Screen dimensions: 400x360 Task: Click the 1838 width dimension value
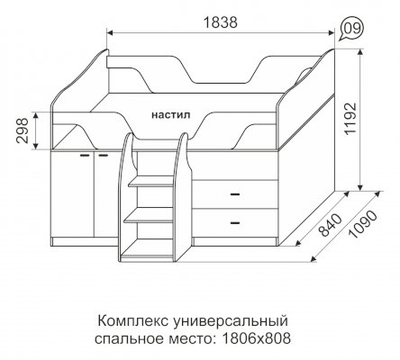221,22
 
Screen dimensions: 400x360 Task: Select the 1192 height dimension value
350,119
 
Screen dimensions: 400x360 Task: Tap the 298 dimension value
22,130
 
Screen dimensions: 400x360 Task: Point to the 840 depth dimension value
330,225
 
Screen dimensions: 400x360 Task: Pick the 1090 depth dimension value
363,224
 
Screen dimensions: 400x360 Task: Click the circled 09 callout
352,29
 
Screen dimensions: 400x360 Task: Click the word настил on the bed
171,115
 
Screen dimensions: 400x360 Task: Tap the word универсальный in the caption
230,322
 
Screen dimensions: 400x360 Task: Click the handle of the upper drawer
235,194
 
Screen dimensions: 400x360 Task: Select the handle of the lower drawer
235,223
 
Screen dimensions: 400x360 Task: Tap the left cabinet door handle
85,156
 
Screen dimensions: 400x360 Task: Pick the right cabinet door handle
104,156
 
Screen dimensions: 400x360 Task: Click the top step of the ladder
151,182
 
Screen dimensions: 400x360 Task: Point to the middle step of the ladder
149,215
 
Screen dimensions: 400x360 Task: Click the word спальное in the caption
130,339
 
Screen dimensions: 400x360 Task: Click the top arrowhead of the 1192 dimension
360,53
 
